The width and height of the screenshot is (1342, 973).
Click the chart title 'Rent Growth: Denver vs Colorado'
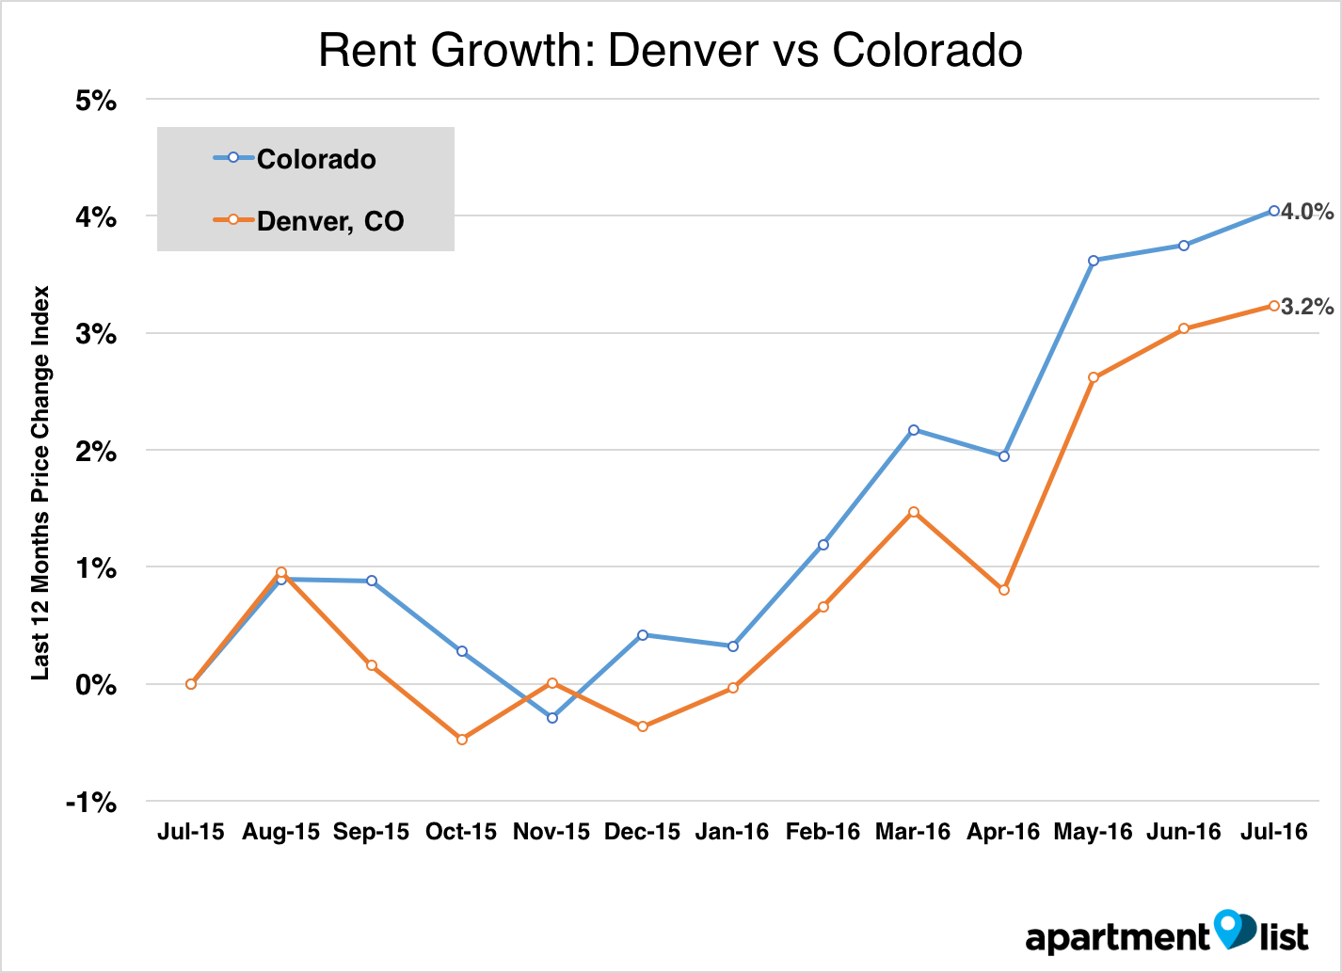click(x=670, y=51)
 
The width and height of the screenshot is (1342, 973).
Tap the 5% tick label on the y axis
click(x=96, y=100)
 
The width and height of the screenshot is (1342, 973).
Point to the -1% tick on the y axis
click(x=91, y=803)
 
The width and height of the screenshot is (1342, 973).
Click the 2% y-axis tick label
click(x=96, y=452)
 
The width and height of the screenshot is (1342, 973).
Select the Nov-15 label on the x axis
click(x=551, y=832)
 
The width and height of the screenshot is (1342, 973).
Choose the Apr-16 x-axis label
click(x=1003, y=832)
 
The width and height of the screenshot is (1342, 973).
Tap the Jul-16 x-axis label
click(x=1274, y=832)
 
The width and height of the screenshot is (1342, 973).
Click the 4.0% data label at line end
click(x=1307, y=212)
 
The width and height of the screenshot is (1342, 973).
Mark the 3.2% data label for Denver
click(x=1307, y=307)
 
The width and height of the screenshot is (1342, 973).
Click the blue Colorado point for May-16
click(x=1094, y=261)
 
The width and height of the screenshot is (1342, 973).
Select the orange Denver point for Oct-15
click(x=462, y=740)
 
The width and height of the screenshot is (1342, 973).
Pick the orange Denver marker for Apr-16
click(x=1004, y=590)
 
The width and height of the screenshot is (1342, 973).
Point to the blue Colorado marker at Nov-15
click(x=552, y=718)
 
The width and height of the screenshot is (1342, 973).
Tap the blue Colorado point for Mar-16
click(x=914, y=430)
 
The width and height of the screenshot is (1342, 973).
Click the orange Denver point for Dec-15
click(x=643, y=726)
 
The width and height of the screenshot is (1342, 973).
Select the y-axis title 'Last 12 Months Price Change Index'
click(x=40, y=483)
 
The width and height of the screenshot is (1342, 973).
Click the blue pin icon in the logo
click(x=1228, y=928)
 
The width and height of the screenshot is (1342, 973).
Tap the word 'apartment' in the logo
click(x=1117, y=938)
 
